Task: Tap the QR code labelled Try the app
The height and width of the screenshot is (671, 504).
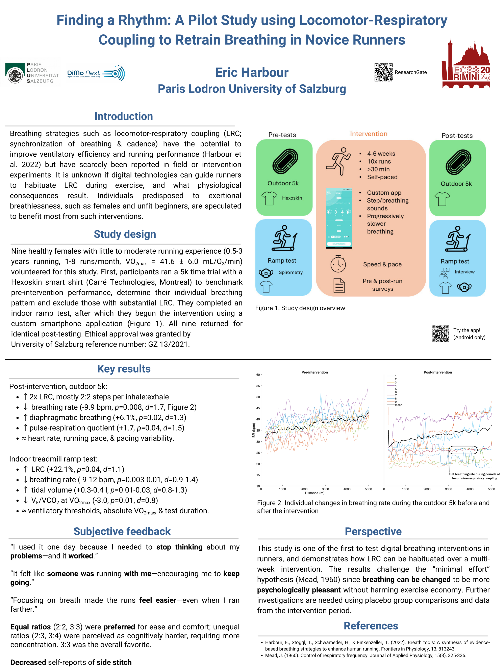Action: point(440,334)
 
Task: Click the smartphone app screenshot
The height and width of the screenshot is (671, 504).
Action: point(339,218)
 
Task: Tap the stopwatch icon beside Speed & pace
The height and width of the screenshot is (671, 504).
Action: point(338,264)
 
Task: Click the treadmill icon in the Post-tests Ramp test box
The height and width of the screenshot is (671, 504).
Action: point(457,239)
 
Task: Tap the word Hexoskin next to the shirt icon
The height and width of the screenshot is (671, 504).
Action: point(292,198)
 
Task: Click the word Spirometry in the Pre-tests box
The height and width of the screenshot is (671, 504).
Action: point(291,272)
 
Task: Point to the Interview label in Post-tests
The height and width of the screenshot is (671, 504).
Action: point(464,272)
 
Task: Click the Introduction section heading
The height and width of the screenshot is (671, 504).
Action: point(124,116)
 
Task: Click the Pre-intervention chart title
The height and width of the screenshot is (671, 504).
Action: point(314,372)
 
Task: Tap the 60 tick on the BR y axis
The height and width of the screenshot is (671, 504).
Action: point(258,375)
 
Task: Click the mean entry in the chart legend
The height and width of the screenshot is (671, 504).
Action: point(398,405)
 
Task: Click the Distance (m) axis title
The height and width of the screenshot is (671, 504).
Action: point(314,493)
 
